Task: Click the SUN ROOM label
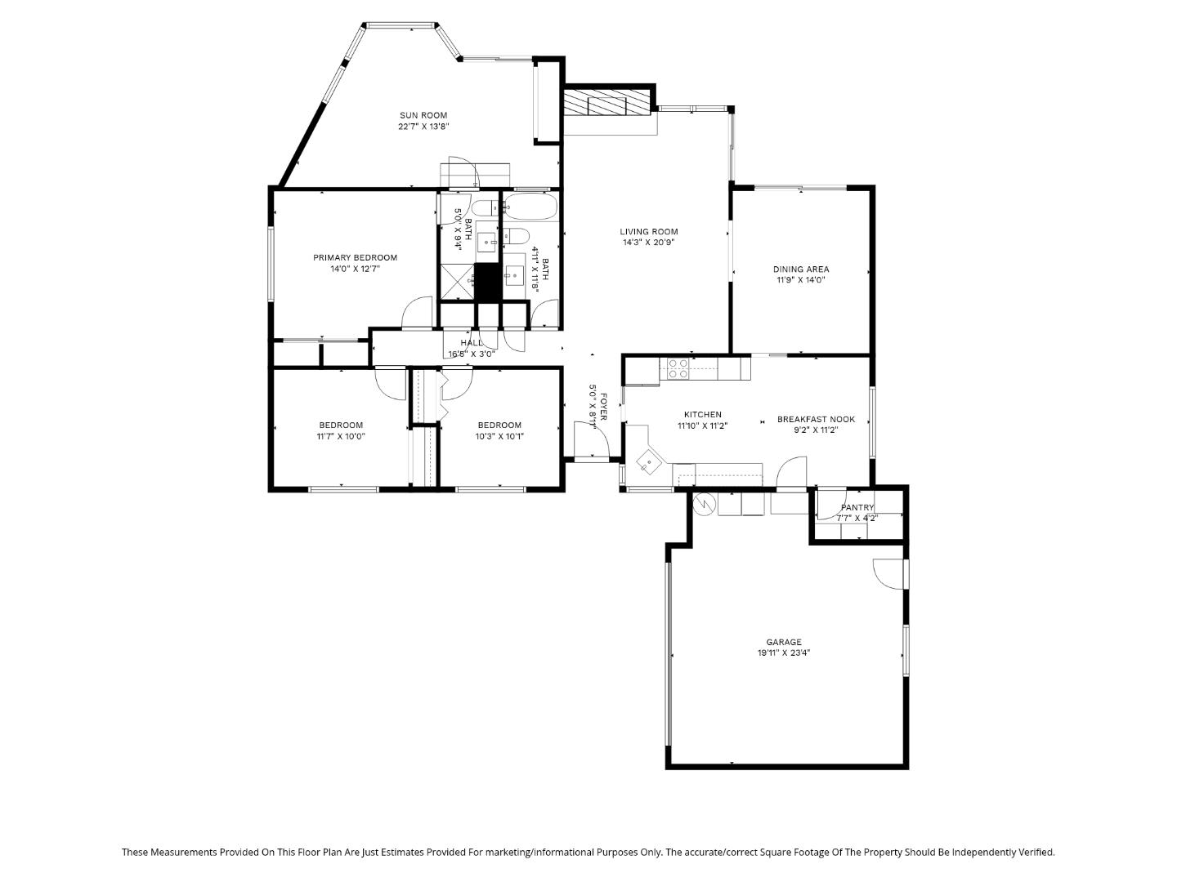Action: point(423,115)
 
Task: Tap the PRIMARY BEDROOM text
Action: point(355,257)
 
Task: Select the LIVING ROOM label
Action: point(648,231)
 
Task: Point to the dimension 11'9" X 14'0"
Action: point(801,280)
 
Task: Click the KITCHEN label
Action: point(702,415)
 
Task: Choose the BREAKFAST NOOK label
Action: point(815,419)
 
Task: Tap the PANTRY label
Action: point(857,507)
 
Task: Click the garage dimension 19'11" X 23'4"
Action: point(783,653)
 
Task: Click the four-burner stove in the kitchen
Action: point(678,369)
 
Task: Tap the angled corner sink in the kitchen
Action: point(650,463)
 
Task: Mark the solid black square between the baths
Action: point(487,282)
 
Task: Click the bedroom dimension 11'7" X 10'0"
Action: point(340,436)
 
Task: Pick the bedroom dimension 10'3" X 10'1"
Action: point(499,436)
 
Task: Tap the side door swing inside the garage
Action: point(888,572)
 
